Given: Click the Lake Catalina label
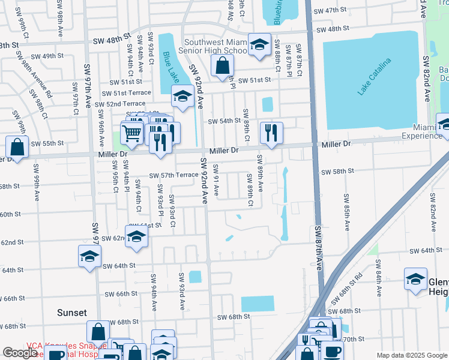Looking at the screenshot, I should point(374,77).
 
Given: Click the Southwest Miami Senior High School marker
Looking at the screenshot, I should point(259,44).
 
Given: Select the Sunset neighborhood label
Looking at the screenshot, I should point(72,313).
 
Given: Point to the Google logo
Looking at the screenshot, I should point(20,353).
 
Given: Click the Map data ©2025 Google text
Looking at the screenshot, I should point(412,355).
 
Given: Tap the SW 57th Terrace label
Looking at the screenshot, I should point(173,175).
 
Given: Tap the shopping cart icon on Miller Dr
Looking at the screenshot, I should point(132,133).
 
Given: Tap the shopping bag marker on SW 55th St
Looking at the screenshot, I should point(17,146).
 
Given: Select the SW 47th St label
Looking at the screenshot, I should point(335,11).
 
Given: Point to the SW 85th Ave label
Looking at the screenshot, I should point(347,212).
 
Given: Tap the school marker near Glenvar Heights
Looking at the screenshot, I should point(415,279).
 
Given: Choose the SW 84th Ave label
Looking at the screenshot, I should point(379,277).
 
